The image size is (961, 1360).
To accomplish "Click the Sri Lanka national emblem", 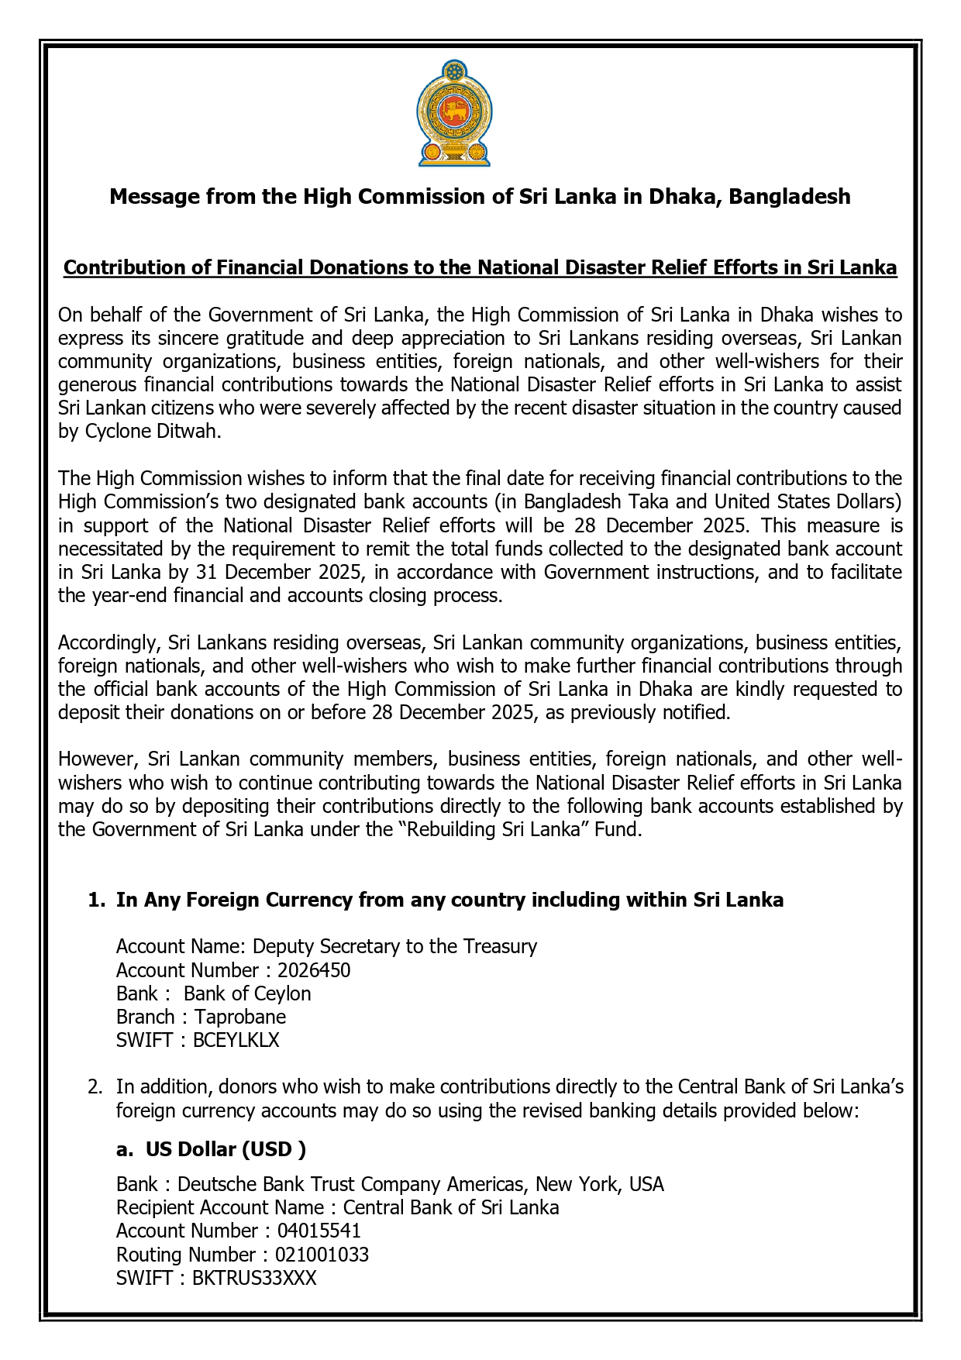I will pos(454,113).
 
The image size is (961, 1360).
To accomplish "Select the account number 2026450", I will pos(314,970).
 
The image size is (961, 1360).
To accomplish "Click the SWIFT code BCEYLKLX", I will pos(236,1040).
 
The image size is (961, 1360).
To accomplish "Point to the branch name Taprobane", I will pos(240,1017).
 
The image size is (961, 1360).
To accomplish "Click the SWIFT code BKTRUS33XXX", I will pos(254,1278).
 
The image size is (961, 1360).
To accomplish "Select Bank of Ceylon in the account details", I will pos(247,993).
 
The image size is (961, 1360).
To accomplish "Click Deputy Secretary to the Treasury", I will pos(394,946).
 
